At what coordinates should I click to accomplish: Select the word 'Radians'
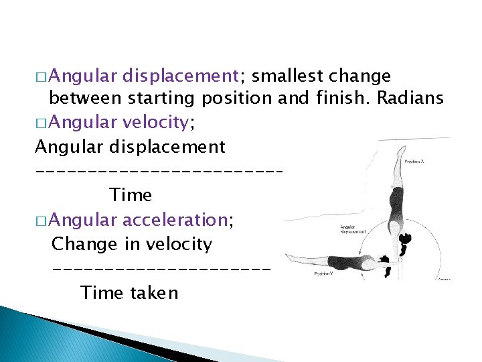click(410, 99)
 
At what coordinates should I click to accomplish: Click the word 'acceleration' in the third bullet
click(175, 219)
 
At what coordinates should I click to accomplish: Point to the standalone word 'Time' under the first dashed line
click(130, 195)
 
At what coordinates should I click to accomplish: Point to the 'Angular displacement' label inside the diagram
click(352, 229)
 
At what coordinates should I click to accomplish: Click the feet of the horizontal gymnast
click(289, 258)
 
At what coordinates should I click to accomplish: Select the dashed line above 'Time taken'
click(161, 269)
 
